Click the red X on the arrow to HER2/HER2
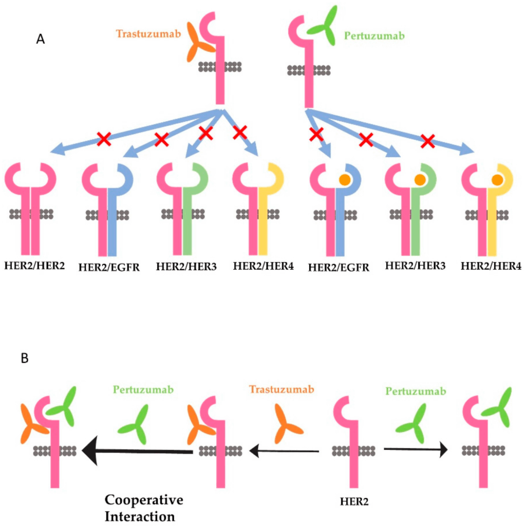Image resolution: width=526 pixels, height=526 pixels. (x=104, y=139)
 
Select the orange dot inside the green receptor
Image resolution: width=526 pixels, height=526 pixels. (x=420, y=180)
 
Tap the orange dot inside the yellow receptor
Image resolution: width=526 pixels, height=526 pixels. (x=496, y=180)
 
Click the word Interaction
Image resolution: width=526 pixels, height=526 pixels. (x=139, y=516)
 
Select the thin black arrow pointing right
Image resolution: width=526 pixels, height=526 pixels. (x=416, y=450)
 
